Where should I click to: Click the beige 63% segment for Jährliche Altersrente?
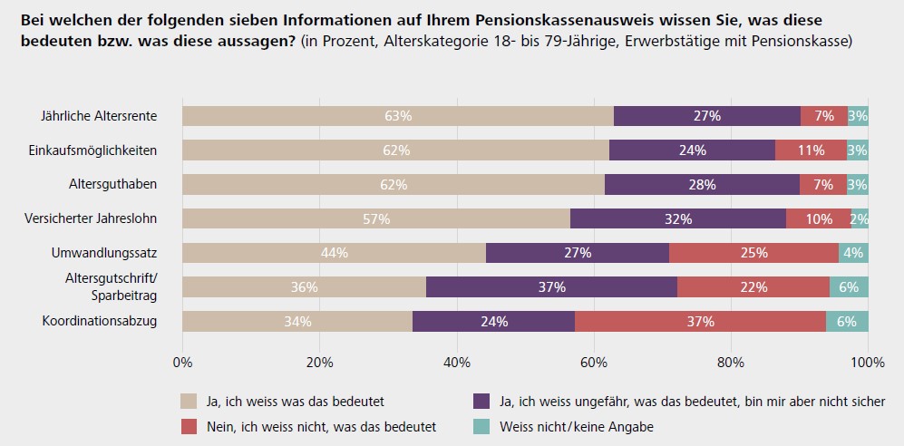pyautogui.click(x=398, y=116)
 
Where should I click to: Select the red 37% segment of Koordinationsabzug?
pyautogui.click(x=700, y=322)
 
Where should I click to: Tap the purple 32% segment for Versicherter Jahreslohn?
pyautogui.click(x=677, y=218)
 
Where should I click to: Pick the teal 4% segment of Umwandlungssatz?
pyautogui.click(x=853, y=253)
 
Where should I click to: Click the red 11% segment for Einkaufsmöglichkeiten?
pyautogui.click(x=812, y=150)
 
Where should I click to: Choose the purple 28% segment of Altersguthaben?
pyautogui.click(x=702, y=184)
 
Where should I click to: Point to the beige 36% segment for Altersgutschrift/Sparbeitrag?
pyautogui.click(x=304, y=287)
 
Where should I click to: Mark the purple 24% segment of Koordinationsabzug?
pyautogui.click(x=493, y=322)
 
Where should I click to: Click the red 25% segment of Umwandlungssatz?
pyautogui.click(x=753, y=253)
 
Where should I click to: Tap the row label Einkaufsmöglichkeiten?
pyautogui.click(x=93, y=150)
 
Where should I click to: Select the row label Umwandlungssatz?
pyautogui.click(x=107, y=253)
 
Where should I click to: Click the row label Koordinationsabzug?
pyautogui.click(x=101, y=321)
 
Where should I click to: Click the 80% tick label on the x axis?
pyautogui.click(x=731, y=363)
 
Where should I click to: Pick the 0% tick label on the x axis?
pyautogui.click(x=183, y=363)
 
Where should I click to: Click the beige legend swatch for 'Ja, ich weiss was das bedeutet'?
pyautogui.click(x=189, y=400)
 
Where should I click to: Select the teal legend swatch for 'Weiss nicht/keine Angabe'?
pyautogui.click(x=481, y=426)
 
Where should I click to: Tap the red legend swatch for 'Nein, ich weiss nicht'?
pyautogui.click(x=189, y=426)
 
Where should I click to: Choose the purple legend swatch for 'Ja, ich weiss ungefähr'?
pyautogui.click(x=481, y=400)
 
